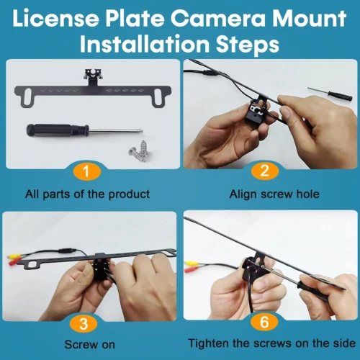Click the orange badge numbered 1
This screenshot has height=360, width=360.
86,171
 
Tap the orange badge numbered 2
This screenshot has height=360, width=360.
265,171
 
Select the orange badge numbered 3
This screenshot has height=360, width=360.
84,324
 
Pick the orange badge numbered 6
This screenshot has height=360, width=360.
264,322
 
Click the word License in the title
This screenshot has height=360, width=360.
55,18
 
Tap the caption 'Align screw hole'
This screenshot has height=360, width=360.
274,194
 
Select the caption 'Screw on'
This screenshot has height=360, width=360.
90,345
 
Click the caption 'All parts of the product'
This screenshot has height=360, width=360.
87,194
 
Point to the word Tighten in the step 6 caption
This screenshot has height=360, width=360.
209,343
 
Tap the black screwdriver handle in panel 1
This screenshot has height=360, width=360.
58,130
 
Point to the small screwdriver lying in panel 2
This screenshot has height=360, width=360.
330,94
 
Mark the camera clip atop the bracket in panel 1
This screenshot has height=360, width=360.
92,76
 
